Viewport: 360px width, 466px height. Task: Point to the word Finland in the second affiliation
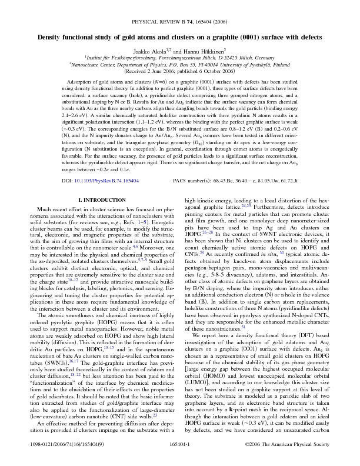pos(279,65)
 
